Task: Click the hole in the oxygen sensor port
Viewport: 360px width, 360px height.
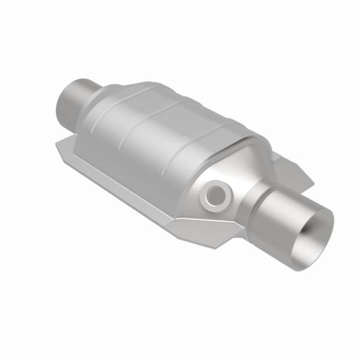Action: coord(215,194)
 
